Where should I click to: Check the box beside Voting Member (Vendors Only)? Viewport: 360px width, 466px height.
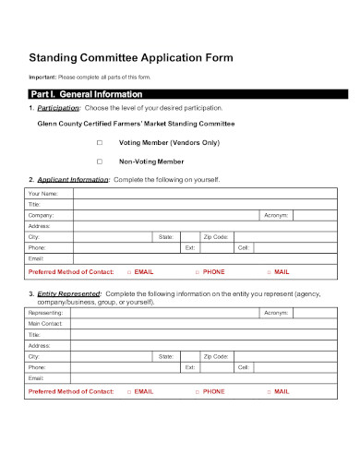coord(100,143)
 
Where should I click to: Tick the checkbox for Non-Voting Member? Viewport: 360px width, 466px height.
coord(100,161)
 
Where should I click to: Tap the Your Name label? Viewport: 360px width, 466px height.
coord(43,194)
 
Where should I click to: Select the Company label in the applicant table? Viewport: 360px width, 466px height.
coord(42,215)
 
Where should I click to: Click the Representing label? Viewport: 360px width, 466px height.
coord(46,313)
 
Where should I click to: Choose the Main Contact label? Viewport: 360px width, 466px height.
coord(46,324)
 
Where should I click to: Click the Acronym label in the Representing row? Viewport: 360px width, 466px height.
coord(276,313)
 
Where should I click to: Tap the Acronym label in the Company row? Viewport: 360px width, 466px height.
coord(276,215)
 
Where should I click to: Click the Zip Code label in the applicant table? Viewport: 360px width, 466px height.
coord(216,237)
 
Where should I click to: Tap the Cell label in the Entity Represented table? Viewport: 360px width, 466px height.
coord(244,367)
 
